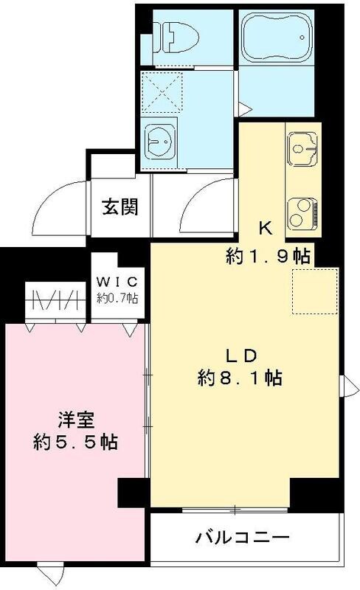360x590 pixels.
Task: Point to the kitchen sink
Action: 302,152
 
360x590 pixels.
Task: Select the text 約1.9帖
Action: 266,257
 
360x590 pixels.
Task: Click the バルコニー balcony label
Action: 242,536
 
